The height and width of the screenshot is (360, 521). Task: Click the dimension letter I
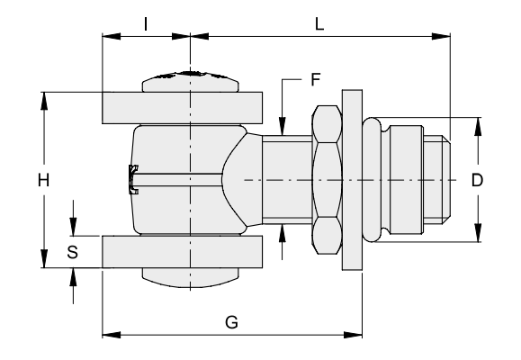146,24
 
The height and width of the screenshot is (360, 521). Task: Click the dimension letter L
319,24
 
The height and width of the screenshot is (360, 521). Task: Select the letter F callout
315,79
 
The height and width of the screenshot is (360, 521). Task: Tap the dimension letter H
43,180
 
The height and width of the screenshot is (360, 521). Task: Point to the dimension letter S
72,252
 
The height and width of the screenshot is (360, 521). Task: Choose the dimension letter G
231,322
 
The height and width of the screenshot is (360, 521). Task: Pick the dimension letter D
477,180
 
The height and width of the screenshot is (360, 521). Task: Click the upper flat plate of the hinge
182,108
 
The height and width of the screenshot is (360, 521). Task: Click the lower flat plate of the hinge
182,252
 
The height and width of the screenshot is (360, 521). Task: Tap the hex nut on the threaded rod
327,180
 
